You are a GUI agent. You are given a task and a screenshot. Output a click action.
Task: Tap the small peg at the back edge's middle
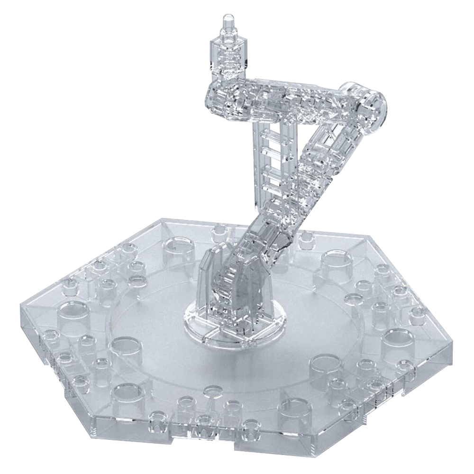tap(219, 232)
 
